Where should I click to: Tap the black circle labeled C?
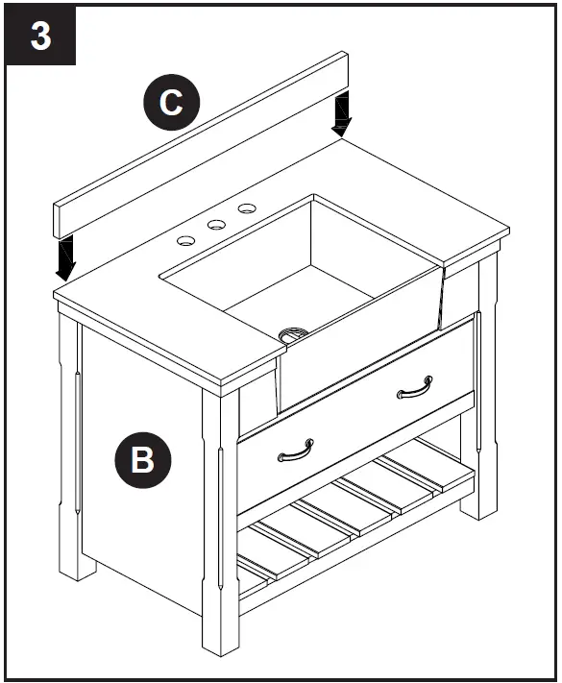point(171,102)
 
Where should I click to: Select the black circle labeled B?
point(141,459)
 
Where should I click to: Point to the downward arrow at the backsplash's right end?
point(340,116)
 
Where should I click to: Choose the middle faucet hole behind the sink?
point(216,224)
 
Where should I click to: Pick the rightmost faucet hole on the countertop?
point(247,207)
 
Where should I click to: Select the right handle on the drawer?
point(413,385)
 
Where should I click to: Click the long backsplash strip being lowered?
point(192,144)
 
